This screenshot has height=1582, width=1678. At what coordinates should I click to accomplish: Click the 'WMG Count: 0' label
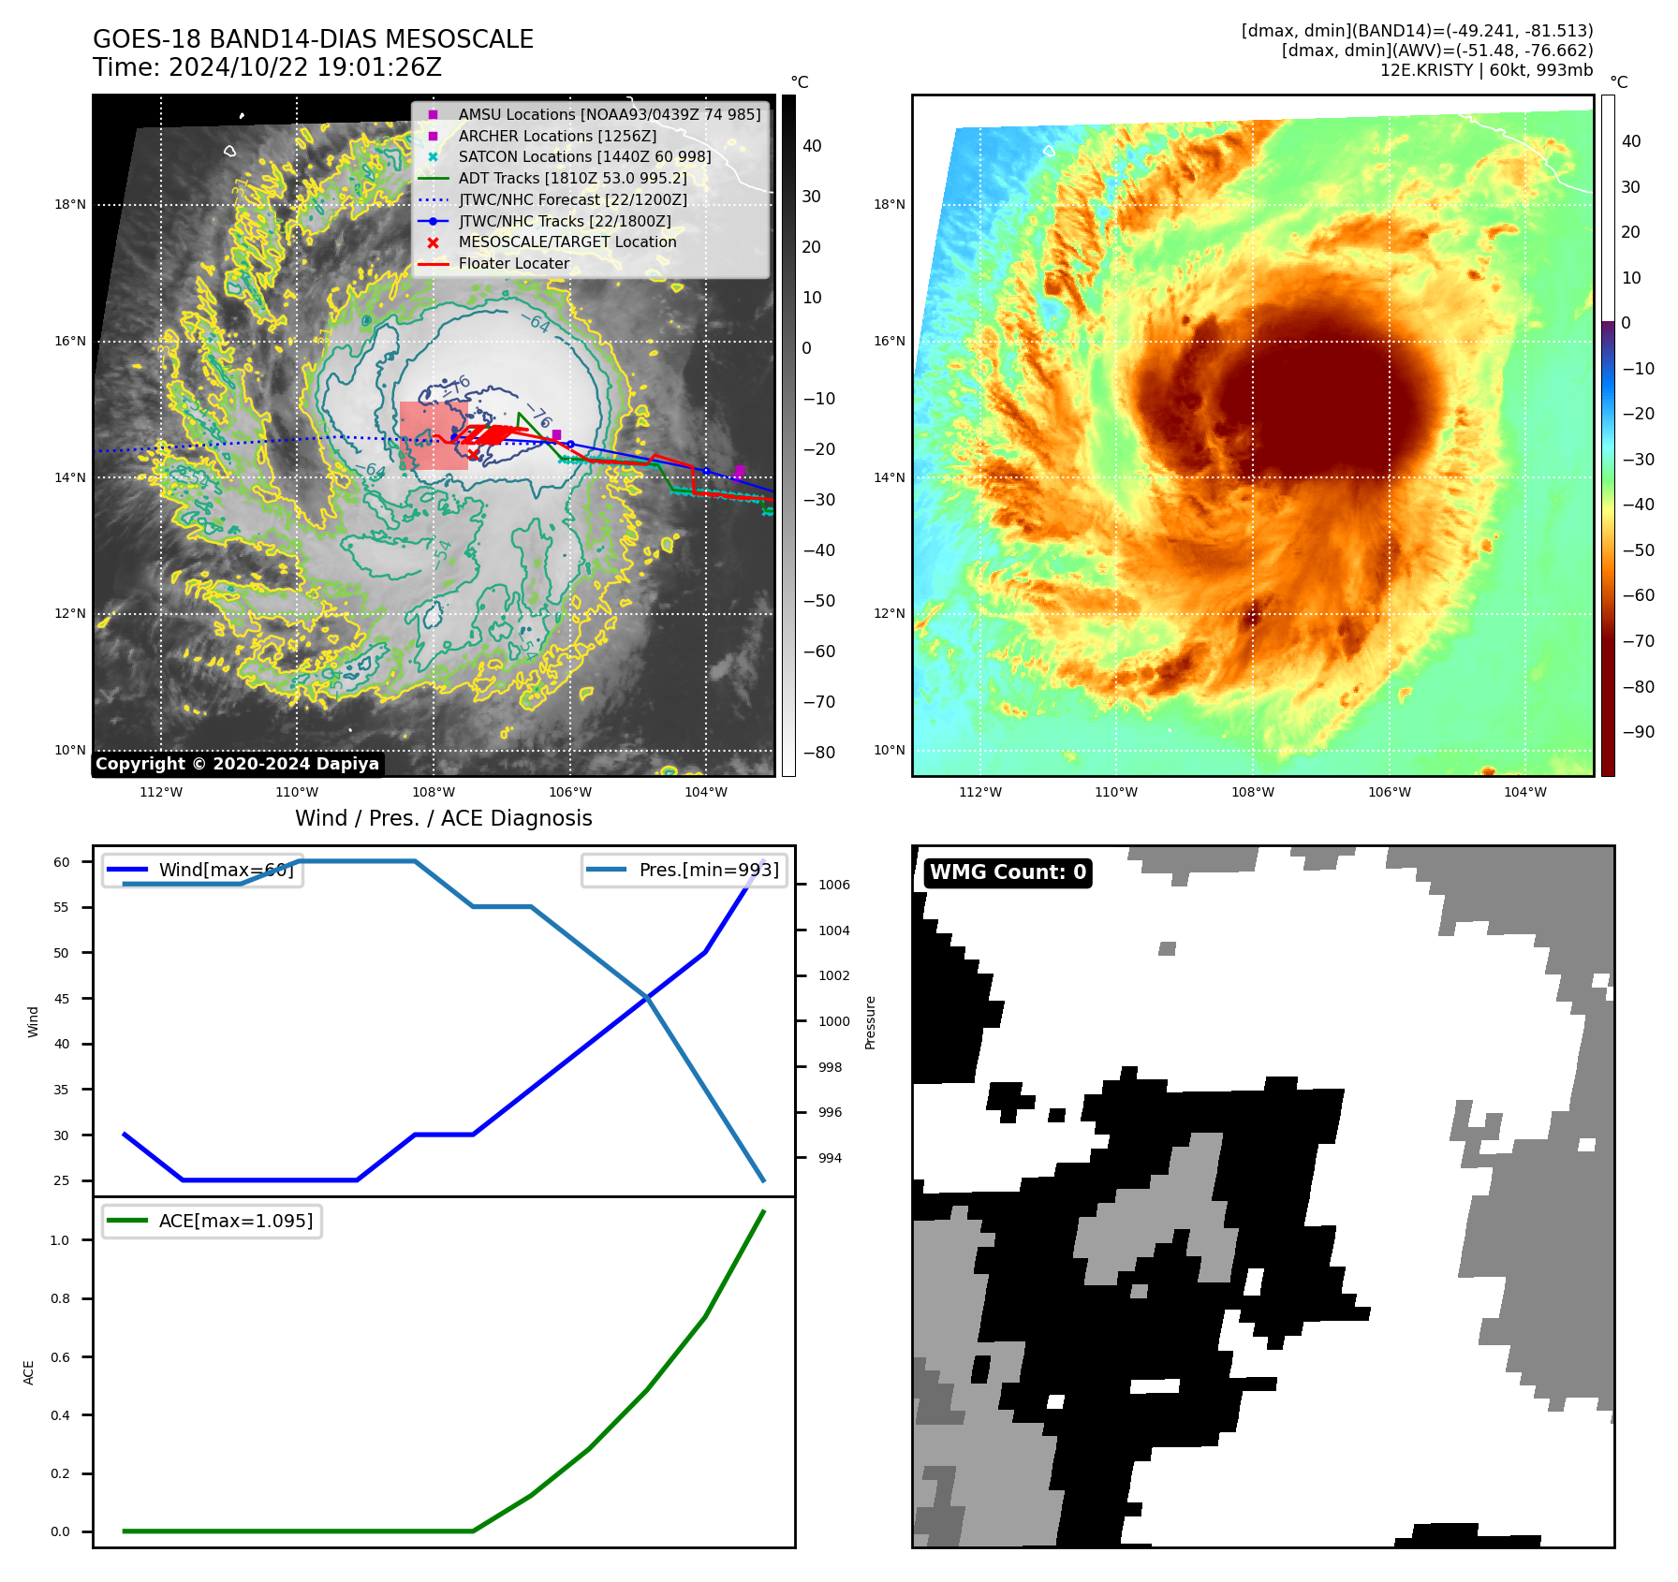click(1008, 872)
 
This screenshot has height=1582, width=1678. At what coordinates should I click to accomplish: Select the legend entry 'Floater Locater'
click(513, 264)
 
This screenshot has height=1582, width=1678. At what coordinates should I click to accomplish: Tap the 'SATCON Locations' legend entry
click(584, 157)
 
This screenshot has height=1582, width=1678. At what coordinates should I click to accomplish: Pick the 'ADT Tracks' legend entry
click(572, 179)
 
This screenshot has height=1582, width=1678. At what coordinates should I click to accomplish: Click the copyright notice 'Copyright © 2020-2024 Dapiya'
click(237, 764)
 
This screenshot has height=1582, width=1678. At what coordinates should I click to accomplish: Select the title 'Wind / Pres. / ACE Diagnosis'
click(443, 819)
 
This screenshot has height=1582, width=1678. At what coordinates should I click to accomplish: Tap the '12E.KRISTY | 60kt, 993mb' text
click(1486, 70)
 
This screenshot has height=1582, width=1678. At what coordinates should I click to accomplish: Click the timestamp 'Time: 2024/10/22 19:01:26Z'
click(267, 68)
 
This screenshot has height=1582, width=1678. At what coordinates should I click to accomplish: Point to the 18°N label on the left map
click(70, 205)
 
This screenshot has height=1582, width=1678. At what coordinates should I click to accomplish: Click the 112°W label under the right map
click(980, 793)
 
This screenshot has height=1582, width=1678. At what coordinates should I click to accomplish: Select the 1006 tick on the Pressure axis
click(833, 886)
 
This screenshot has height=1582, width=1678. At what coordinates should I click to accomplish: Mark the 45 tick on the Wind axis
click(62, 999)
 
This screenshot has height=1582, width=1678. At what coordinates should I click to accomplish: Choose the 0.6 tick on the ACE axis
click(60, 1357)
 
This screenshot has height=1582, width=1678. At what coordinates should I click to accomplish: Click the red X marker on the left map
click(473, 455)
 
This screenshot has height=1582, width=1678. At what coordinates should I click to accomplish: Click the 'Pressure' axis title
click(870, 1022)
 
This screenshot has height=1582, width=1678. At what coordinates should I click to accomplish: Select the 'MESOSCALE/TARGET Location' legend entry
click(567, 242)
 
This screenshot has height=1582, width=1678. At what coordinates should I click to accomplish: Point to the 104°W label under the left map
click(706, 793)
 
